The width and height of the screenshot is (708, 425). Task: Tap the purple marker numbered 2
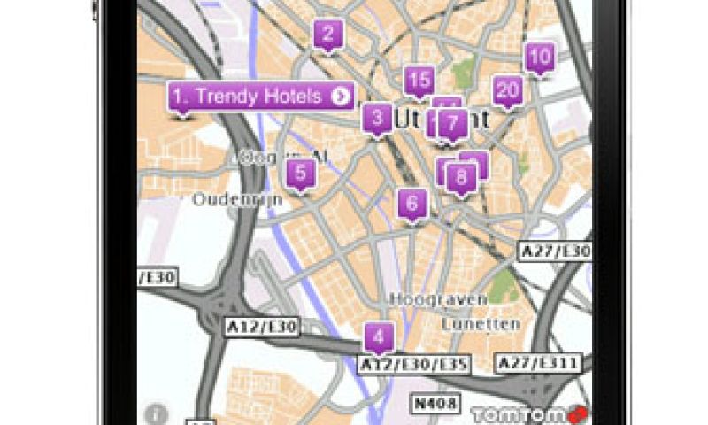[x=328, y=35]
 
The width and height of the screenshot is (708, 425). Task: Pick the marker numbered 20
[x=507, y=89]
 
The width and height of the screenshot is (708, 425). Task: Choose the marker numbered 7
[x=453, y=122]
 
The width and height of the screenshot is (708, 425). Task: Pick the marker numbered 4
[x=379, y=337]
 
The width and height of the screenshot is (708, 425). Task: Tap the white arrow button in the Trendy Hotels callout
[x=341, y=97]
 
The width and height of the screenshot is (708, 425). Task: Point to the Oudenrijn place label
[x=237, y=199]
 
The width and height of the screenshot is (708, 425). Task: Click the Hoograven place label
[x=439, y=299]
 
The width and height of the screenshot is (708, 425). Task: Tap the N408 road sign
[x=435, y=404]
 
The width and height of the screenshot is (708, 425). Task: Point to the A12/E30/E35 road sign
[x=413, y=364]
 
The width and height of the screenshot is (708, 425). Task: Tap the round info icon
[x=157, y=413]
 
